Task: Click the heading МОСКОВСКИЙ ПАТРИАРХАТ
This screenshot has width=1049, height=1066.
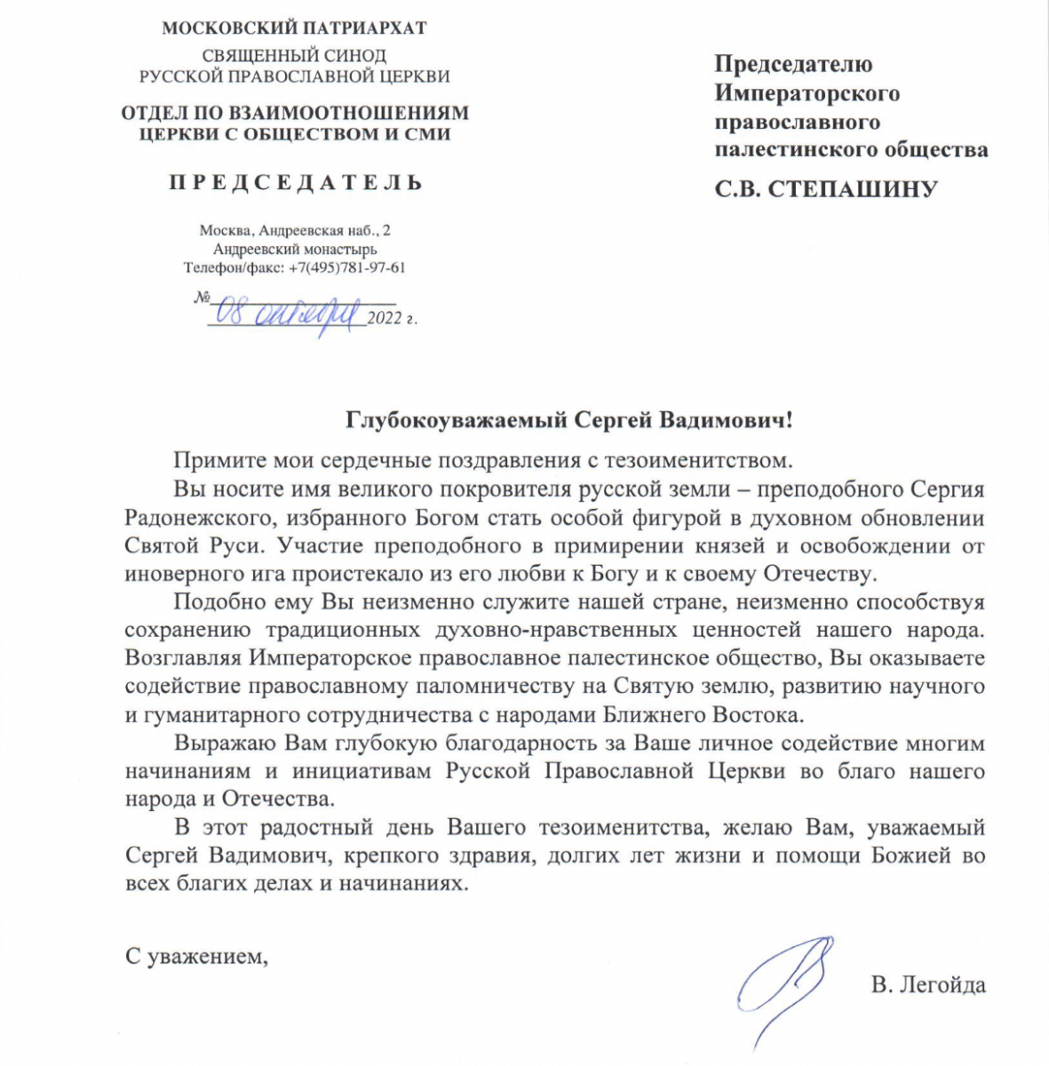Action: pos(294,28)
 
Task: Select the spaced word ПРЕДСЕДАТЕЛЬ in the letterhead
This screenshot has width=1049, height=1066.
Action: pos(296,183)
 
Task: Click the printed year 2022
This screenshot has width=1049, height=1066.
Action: pos(385,317)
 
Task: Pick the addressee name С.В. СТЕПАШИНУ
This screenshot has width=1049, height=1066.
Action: pos(826,189)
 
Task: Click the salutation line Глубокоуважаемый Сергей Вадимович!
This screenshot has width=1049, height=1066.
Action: pos(568,419)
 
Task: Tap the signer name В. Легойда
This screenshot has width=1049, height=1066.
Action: pos(928,984)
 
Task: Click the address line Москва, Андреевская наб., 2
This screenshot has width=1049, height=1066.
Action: pos(295,230)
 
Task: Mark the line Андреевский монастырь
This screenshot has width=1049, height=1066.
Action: pos(295,249)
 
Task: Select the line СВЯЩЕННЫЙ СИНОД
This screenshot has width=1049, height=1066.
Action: pos(294,56)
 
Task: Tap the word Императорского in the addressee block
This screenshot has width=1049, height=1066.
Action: pos(807,93)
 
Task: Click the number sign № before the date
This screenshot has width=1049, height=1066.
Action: pos(203,296)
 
